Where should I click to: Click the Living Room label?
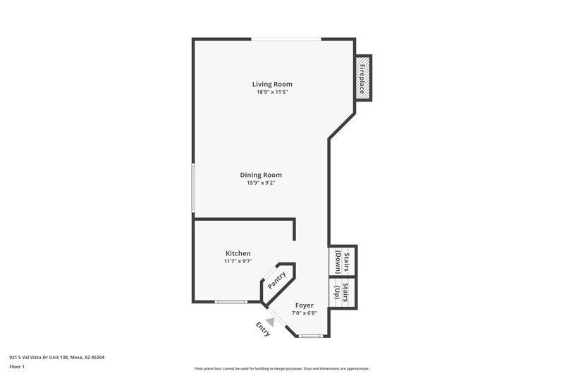[272, 84]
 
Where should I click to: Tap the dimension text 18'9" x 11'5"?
[272, 92]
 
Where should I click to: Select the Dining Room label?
[261, 175]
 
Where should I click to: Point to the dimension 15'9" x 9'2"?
[261, 183]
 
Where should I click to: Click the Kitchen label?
[238, 253]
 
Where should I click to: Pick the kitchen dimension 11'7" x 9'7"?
[238, 262]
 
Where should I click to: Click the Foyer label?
[304, 305]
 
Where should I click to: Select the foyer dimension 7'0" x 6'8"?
[304, 313]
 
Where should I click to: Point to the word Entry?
[262, 330]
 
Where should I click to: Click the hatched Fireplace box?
[362, 78]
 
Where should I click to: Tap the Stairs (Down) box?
[343, 262]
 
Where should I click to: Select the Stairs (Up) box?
[343, 293]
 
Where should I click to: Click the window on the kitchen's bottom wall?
[231, 302]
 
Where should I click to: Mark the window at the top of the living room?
[285, 39]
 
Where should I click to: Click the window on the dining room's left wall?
[193, 188]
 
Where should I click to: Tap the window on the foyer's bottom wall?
[309, 336]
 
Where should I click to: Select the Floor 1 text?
[16, 367]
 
